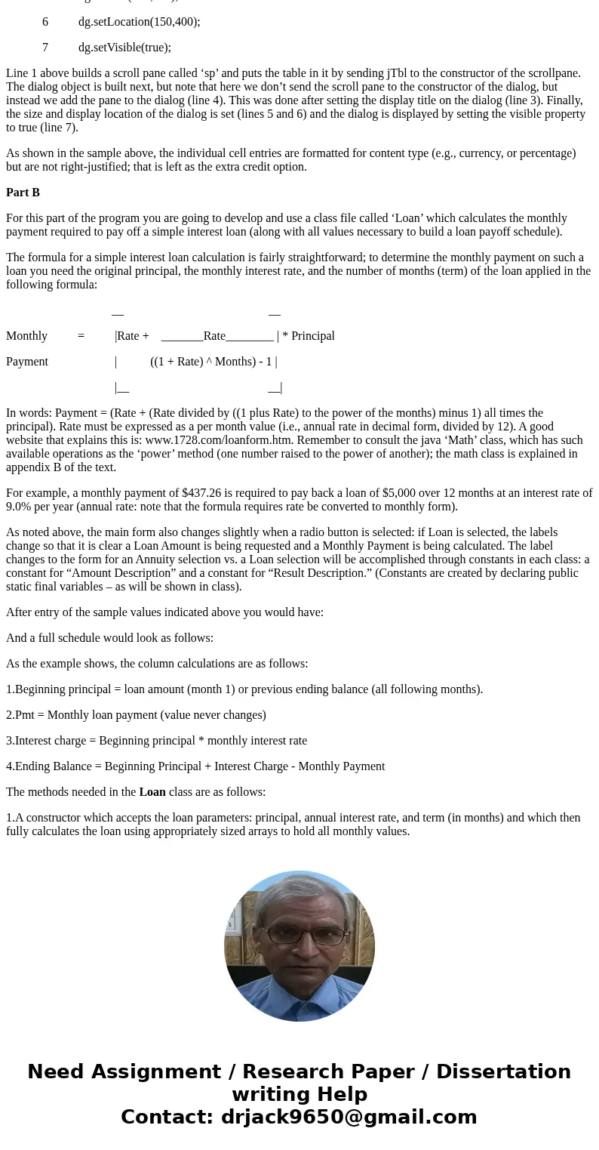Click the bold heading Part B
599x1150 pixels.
23,193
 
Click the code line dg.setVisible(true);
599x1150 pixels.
124,48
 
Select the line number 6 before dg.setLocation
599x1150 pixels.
45,22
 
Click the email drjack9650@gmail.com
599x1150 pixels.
349,1117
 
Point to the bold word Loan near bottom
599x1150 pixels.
152,792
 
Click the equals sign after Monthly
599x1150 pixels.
81,336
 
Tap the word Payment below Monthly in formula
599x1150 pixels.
27,362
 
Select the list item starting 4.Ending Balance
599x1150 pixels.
195,766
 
